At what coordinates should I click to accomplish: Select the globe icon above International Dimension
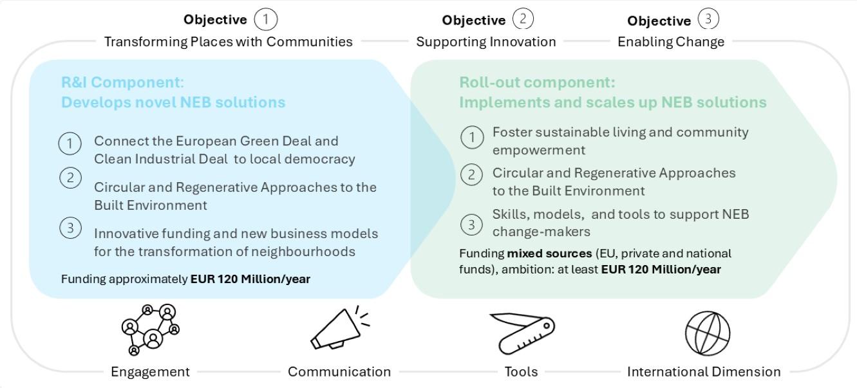[x=707, y=333]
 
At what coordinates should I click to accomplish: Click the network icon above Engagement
[x=151, y=329]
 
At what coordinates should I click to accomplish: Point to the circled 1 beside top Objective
[x=266, y=19]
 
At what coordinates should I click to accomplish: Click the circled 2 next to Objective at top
[x=523, y=19]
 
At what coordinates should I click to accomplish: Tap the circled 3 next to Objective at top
[x=708, y=19]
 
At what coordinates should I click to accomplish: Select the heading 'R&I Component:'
[x=122, y=82]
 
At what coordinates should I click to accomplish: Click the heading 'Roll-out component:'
[x=537, y=82]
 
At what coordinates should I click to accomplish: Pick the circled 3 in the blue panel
[x=70, y=227]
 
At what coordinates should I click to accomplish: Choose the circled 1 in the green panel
[x=472, y=137]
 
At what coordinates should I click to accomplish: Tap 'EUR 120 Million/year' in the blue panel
[x=250, y=279]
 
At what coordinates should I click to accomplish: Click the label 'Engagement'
[x=150, y=372]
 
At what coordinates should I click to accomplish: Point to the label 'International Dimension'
[x=704, y=372]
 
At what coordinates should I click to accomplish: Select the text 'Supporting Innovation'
[x=486, y=42]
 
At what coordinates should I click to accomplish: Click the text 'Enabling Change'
[x=671, y=42]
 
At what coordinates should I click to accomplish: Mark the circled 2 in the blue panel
[x=70, y=178]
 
